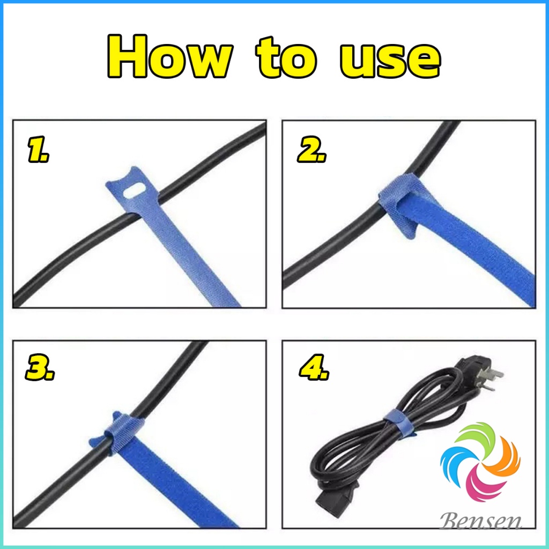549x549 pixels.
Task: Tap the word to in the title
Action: point(286,60)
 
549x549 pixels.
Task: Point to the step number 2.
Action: point(311,152)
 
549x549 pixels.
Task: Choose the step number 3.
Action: point(40,370)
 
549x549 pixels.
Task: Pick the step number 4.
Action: point(313,370)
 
